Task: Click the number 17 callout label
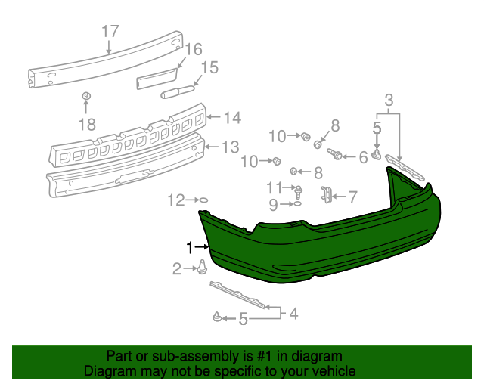[110, 32]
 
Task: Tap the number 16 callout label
[194, 50]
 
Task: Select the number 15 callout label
[209, 68]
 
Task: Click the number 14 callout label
[231, 117]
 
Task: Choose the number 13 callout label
[230, 146]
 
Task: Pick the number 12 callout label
[175, 200]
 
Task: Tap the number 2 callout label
[177, 268]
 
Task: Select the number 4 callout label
[292, 312]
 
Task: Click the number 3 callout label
[389, 100]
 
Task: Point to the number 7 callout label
[352, 197]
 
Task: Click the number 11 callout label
[274, 187]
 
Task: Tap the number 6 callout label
[363, 157]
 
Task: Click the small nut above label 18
[86, 96]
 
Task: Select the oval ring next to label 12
[202, 200]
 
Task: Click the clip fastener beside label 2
[203, 266]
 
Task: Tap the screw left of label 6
[337, 156]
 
